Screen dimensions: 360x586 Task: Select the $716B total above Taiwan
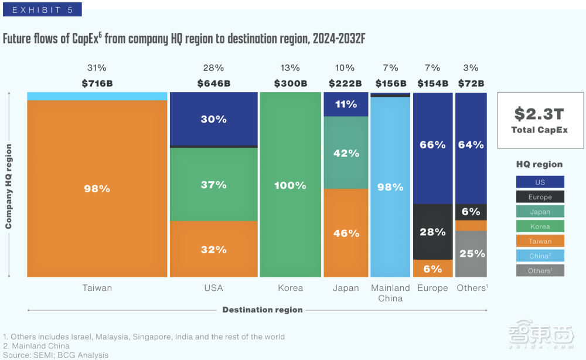97,83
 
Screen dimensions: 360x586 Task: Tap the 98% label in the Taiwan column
97,189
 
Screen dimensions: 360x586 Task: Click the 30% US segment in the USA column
213,119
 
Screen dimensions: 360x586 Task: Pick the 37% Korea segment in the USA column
213,185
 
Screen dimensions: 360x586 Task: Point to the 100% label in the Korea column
290,185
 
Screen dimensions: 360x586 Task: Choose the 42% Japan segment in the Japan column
346,153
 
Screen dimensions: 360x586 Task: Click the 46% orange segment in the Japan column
346,233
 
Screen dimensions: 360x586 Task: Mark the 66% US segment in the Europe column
432,145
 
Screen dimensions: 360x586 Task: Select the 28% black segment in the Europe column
432,232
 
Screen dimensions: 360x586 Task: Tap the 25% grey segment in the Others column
471,253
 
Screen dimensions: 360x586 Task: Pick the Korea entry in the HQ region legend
540,226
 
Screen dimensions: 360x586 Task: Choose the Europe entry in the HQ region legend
540,197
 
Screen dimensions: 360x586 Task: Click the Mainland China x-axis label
390,293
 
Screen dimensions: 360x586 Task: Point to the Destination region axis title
263,310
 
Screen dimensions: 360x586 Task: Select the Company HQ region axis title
9,186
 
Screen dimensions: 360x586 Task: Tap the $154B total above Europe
432,83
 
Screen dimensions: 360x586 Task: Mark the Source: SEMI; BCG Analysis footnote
55,355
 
